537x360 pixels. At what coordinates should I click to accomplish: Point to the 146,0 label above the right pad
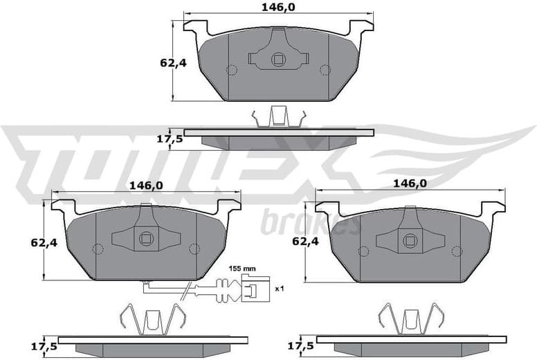tap(409, 183)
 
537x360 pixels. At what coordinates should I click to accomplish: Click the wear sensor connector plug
tap(253, 287)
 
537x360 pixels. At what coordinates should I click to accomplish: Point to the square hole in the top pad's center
tap(278, 60)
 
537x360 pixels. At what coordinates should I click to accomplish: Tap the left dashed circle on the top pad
tap(232, 69)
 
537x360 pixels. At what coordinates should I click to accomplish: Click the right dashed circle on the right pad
tap(455, 251)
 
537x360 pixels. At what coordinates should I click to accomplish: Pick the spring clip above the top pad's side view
tap(278, 116)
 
